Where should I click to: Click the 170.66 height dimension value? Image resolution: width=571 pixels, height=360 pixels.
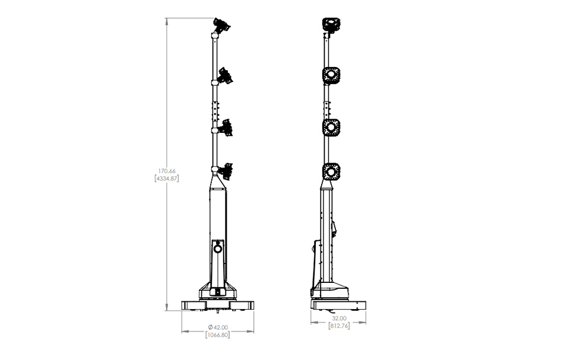(x=167, y=171)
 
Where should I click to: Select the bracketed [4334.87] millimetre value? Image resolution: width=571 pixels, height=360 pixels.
(x=167, y=179)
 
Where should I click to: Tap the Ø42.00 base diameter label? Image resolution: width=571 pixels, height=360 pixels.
(x=218, y=327)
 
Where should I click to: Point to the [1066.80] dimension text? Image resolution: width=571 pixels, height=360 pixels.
(x=218, y=335)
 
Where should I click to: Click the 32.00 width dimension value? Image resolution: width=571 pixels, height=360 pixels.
(x=339, y=318)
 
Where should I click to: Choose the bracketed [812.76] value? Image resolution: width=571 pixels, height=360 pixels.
(x=339, y=326)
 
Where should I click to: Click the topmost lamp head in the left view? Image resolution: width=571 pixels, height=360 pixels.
(x=221, y=25)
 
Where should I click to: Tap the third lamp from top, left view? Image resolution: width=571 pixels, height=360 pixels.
(x=226, y=128)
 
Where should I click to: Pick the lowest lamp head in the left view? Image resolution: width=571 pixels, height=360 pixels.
(x=226, y=171)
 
